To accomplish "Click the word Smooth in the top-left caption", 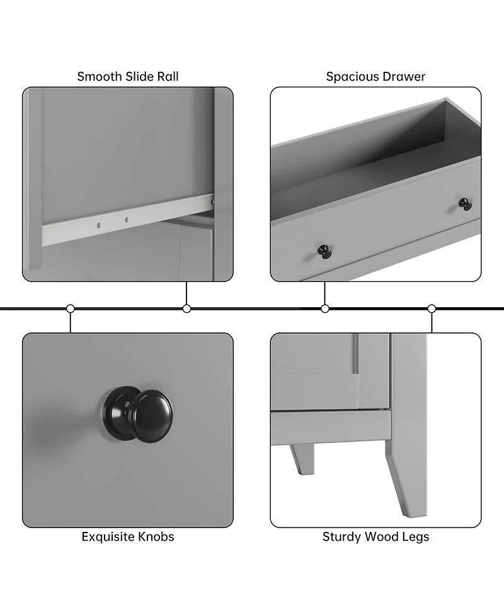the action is [x=100, y=77].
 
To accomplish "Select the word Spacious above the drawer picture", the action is [x=350, y=77].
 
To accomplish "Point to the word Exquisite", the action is [x=107, y=536].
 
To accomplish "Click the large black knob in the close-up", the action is [x=138, y=415].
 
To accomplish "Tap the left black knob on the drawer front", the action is [x=324, y=252].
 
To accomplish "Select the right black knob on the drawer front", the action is [x=466, y=205].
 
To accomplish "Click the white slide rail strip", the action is [x=128, y=220].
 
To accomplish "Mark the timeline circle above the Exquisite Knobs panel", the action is [x=71, y=308].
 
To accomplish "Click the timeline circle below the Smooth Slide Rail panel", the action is [x=187, y=308].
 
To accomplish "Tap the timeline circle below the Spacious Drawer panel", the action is [x=325, y=308].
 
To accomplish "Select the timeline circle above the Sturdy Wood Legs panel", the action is [x=432, y=308].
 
